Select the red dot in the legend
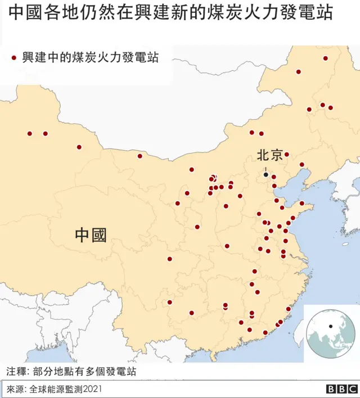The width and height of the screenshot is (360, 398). click(14, 57)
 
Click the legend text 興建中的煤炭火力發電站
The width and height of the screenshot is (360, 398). click(90, 57)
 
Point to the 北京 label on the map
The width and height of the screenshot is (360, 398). click(270, 155)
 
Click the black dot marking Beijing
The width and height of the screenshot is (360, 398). click(266, 174)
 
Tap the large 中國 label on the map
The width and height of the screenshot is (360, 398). click(91, 234)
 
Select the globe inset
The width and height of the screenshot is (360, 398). click(330, 333)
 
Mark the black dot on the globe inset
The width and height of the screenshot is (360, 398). click(331, 326)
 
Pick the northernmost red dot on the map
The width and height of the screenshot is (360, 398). click(325, 58)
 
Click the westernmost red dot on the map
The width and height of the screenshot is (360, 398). click(30, 134)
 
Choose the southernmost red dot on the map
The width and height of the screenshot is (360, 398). click(265, 332)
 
